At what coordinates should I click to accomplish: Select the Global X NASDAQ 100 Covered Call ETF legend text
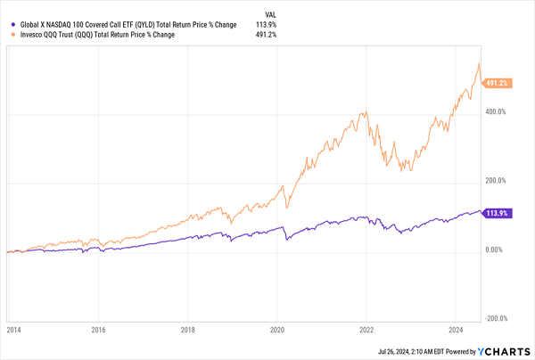click(125, 25)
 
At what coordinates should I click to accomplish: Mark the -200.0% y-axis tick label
click(496, 318)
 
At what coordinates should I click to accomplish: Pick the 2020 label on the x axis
click(276, 329)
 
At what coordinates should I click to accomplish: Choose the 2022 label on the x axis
click(366, 329)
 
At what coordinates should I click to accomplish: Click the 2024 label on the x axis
click(455, 329)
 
